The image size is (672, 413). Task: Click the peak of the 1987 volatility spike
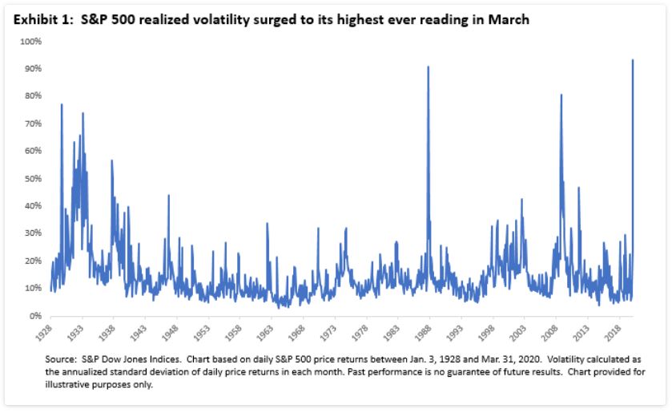(428, 67)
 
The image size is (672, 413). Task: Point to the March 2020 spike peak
(633, 60)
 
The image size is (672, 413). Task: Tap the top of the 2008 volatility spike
(561, 95)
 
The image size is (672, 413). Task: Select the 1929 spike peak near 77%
(62, 105)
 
